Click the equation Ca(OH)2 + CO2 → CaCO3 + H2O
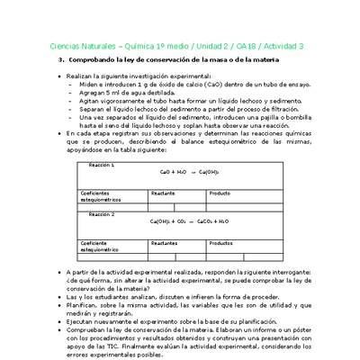click(189, 220)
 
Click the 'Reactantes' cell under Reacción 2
click(165, 243)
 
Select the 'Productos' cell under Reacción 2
click(222, 243)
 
